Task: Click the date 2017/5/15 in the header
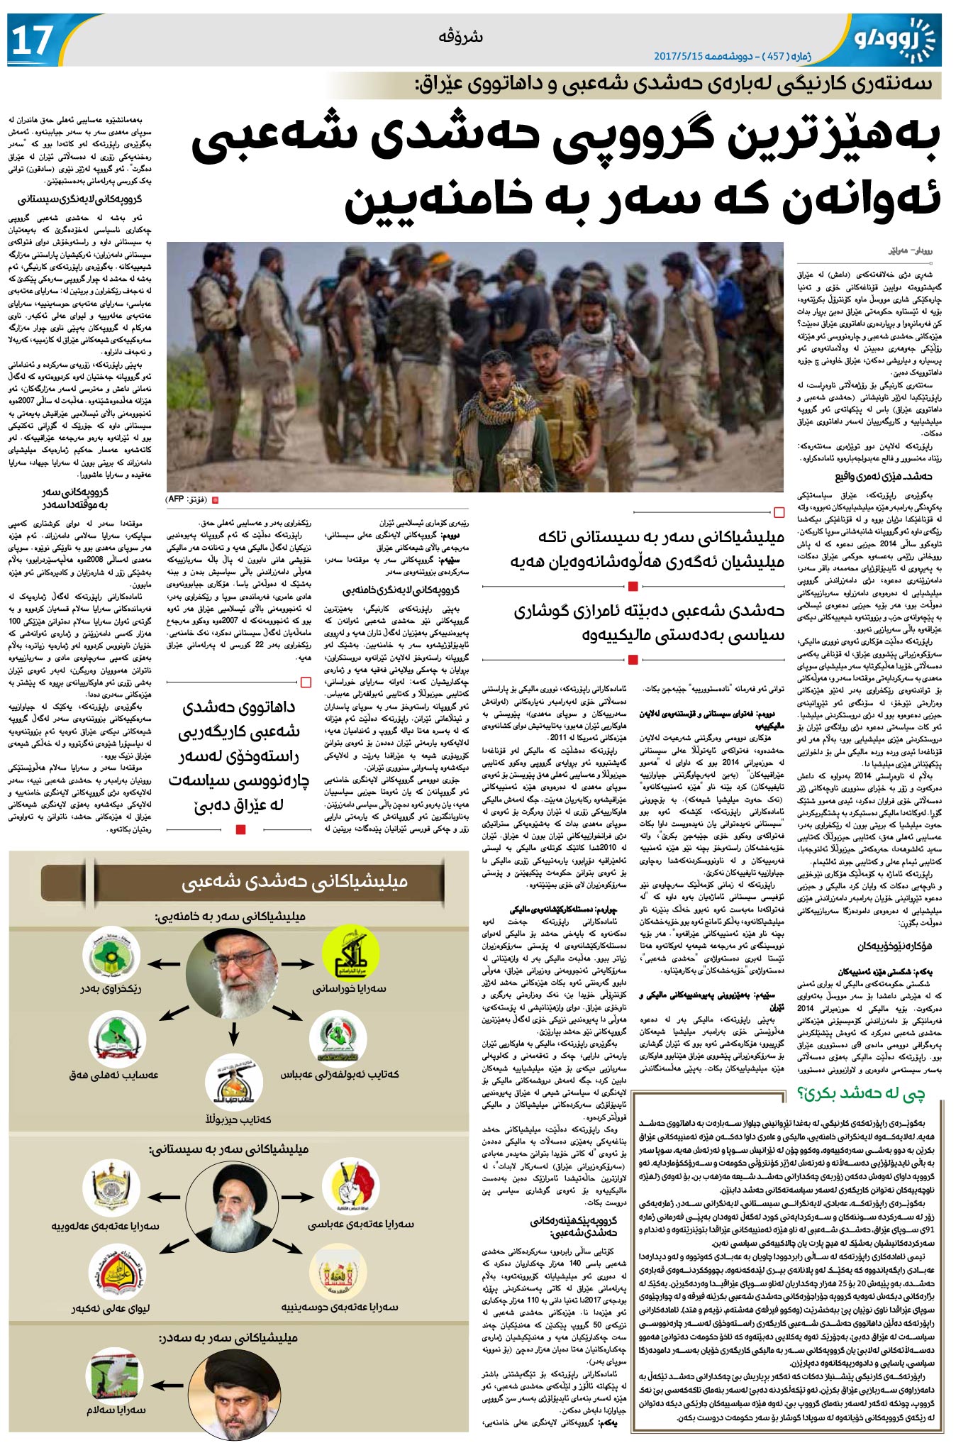678,55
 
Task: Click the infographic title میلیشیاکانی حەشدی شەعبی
294,882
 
